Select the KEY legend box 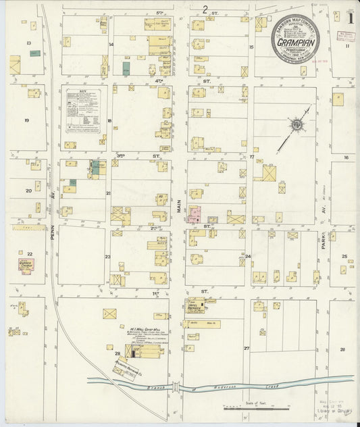click(82, 111)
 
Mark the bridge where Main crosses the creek click(177, 387)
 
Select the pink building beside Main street click(195, 215)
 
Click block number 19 click(26, 120)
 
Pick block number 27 click(247, 349)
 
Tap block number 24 click(248, 257)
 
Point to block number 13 click(28, 43)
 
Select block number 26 click(342, 349)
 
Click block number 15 click(251, 47)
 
